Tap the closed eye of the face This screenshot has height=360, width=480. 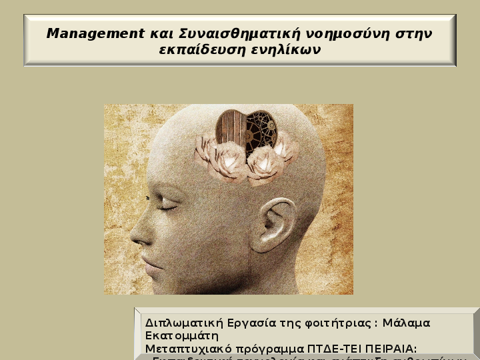coord(167,207)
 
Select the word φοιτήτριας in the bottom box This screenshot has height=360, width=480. coord(331,323)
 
